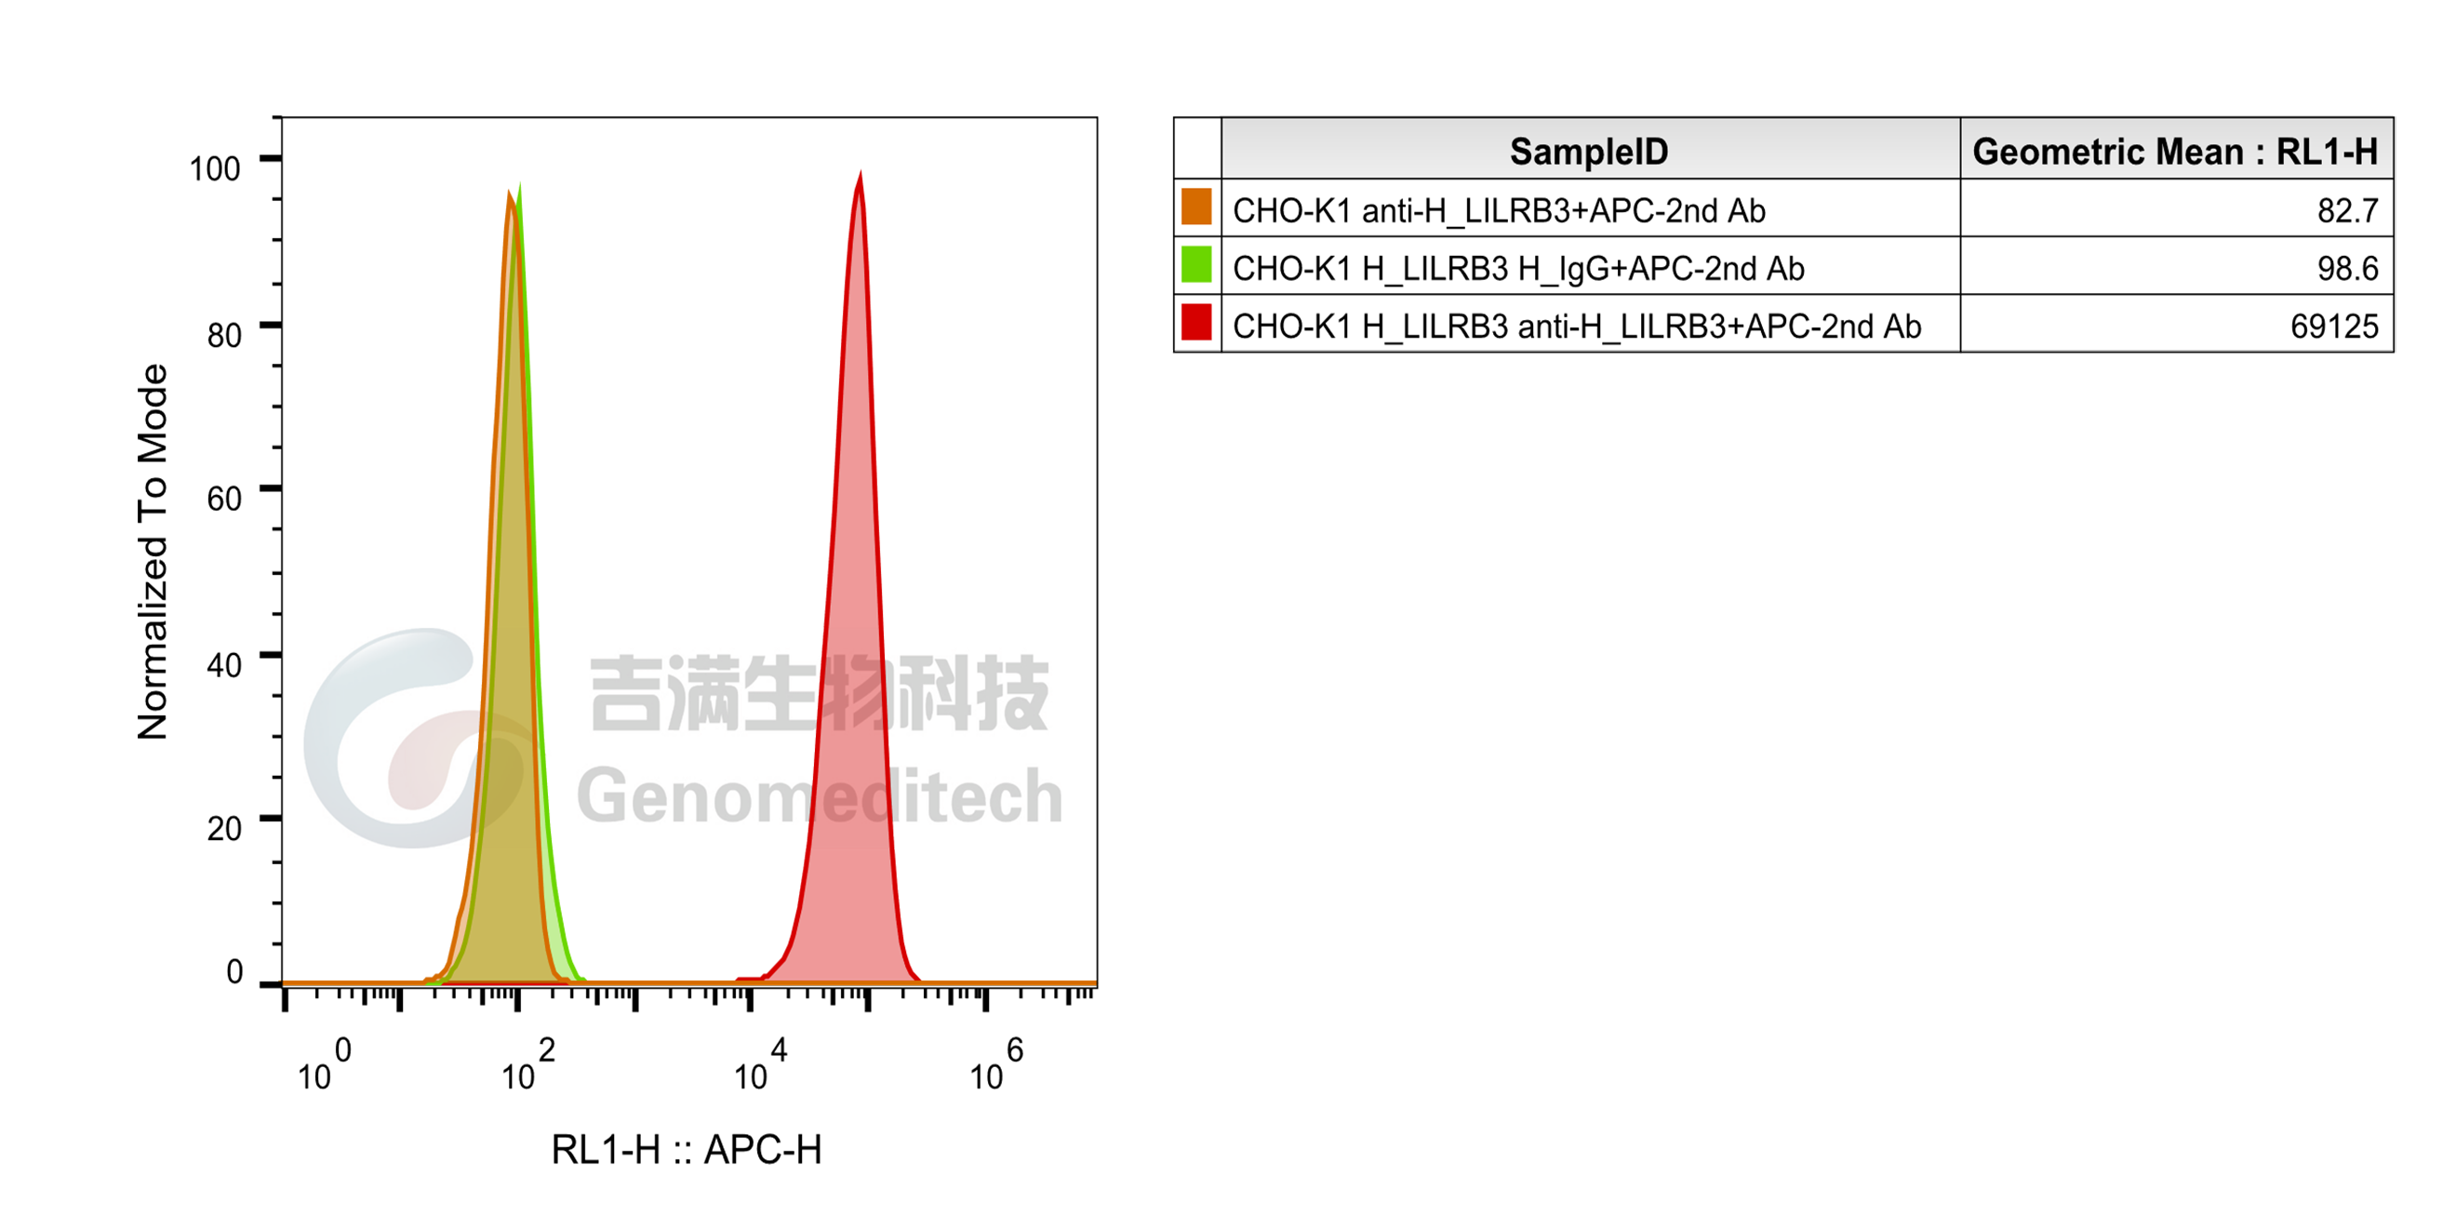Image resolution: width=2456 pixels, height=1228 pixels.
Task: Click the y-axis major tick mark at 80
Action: (x=271, y=325)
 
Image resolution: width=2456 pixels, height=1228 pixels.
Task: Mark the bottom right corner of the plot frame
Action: (x=1097, y=984)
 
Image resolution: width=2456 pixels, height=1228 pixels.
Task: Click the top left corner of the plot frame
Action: (x=282, y=118)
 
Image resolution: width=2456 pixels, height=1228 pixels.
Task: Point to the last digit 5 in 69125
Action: (x=2370, y=327)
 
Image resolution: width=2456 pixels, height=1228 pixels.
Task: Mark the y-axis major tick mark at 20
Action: (x=271, y=818)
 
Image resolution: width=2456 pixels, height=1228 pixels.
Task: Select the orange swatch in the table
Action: (x=1196, y=207)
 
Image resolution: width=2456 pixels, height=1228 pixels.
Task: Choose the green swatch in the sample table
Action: (x=1196, y=264)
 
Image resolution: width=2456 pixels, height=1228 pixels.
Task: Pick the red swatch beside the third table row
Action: (x=1196, y=321)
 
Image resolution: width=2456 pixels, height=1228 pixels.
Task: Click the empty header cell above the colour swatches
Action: (x=1197, y=149)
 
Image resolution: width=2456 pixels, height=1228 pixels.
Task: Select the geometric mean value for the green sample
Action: (x=2347, y=269)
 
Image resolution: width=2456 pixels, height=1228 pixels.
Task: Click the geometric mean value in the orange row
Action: (x=2347, y=210)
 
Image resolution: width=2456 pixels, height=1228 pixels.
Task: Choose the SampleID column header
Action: (x=1589, y=152)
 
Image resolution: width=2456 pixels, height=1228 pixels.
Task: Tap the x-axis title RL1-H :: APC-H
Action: (x=687, y=1150)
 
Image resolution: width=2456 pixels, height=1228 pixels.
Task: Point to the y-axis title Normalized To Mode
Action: (x=153, y=551)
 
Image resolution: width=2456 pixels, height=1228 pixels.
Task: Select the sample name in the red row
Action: (x=1577, y=327)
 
